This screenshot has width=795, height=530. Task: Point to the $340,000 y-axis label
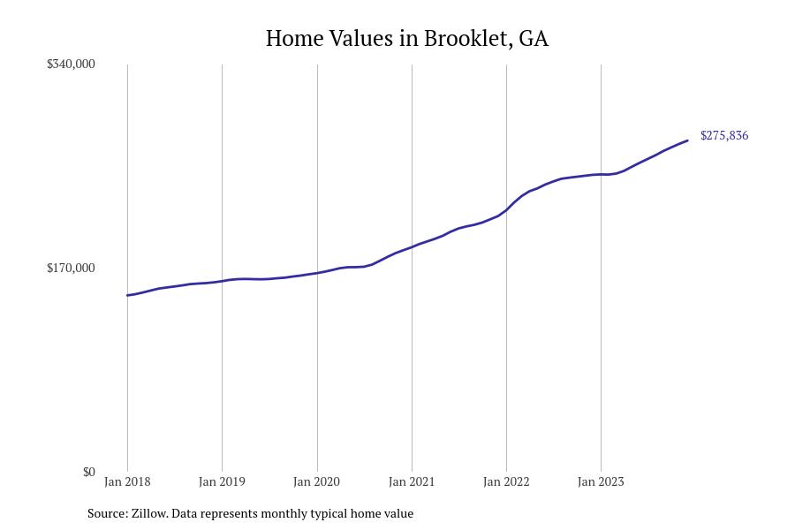[71, 64]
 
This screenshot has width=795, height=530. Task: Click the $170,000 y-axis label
[71, 269]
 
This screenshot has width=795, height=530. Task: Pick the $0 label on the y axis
[88, 473]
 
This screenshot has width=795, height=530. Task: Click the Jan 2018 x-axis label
[127, 482]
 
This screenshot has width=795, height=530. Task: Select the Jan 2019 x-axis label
[222, 482]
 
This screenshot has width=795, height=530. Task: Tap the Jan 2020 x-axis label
[316, 482]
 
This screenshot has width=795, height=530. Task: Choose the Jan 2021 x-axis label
[412, 482]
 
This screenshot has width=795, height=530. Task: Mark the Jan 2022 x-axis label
[506, 482]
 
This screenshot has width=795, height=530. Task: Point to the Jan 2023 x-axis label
[601, 482]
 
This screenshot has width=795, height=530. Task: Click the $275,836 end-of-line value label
[724, 136]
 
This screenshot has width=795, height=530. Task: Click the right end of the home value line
[687, 140]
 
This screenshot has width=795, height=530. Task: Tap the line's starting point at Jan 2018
[127, 295]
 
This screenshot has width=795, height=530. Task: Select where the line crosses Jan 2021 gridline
[412, 246]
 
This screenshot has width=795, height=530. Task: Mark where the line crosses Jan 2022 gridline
[506, 209]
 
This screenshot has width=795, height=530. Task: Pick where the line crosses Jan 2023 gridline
[601, 175]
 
